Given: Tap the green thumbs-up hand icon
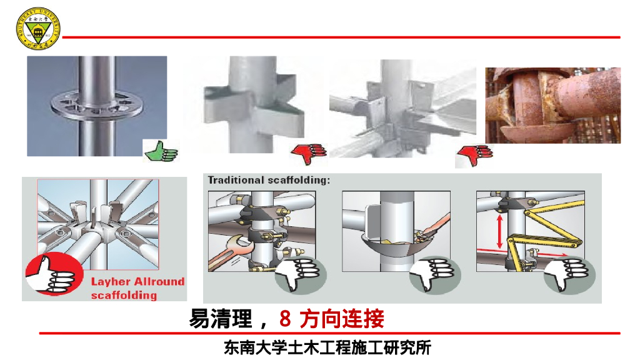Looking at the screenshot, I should click(x=161, y=150).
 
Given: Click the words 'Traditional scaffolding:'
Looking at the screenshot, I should click(x=269, y=180).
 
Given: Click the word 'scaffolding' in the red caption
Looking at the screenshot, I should click(x=124, y=294).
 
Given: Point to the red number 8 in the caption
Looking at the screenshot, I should click(x=285, y=319).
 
